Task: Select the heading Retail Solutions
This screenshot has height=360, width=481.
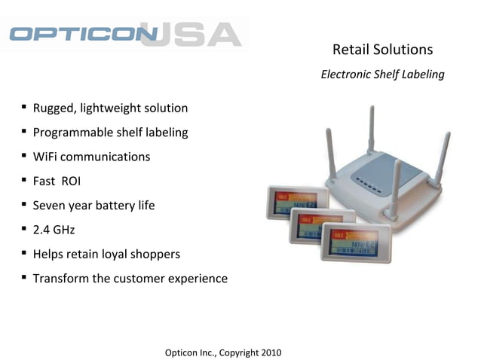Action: click(x=382, y=50)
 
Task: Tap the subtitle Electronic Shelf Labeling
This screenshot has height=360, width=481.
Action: click(x=382, y=75)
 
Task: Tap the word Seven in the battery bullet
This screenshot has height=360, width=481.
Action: click(x=49, y=206)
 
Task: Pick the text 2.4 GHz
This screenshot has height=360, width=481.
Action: click(x=54, y=230)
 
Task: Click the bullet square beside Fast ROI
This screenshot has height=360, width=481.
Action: click(x=25, y=181)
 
